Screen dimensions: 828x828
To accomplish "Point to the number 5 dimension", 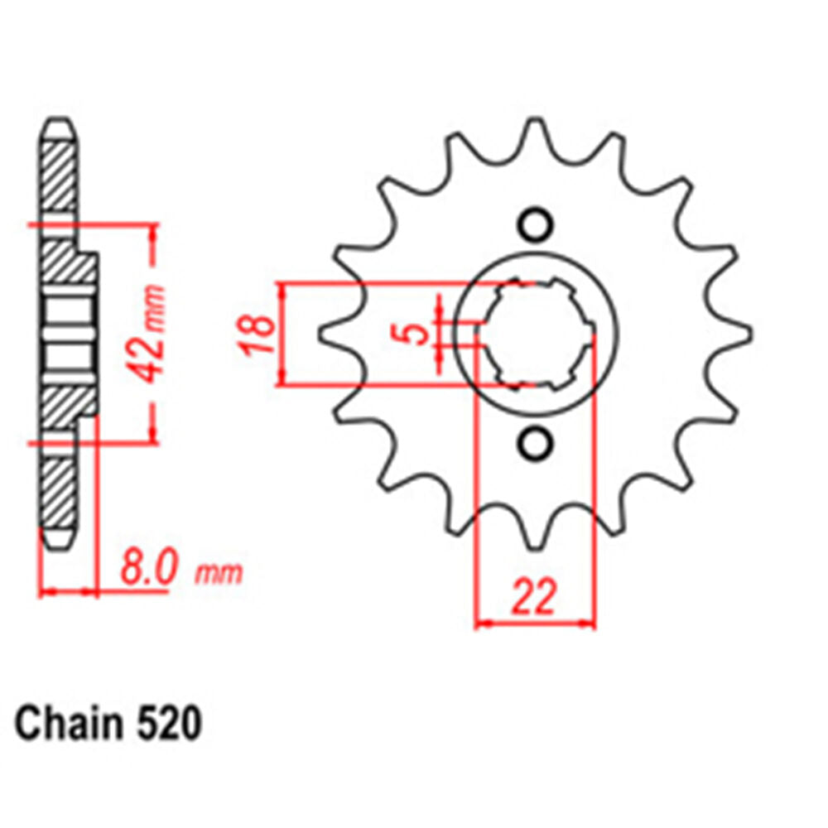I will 420,334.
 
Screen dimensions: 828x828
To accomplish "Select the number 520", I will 167,724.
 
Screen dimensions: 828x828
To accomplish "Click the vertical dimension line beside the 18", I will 282,334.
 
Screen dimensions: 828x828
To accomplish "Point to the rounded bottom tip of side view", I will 58,542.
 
